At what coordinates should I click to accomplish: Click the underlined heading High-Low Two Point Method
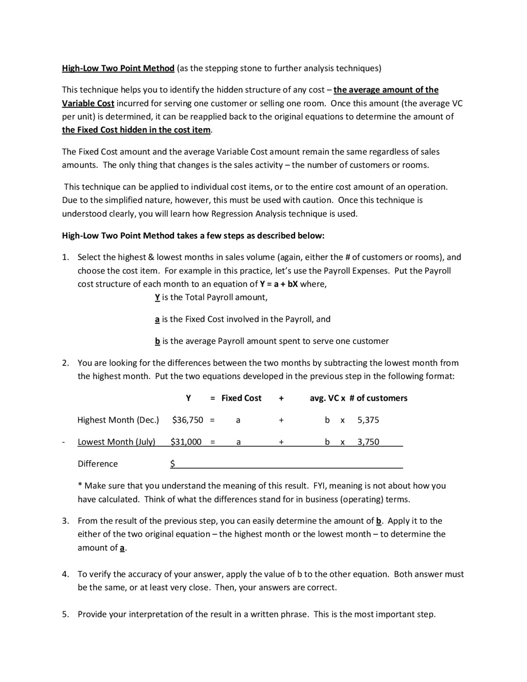click(x=118, y=68)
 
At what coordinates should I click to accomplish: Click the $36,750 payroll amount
click(x=187, y=420)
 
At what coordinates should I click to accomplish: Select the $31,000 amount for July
click(x=186, y=442)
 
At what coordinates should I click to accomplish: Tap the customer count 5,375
click(x=368, y=420)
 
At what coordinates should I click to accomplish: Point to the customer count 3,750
click(x=368, y=442)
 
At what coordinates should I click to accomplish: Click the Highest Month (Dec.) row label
click(x=118, y=420)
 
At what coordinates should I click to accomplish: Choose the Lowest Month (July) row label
click(x=117, y=442)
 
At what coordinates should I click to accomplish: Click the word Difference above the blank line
click(x=98, y=464)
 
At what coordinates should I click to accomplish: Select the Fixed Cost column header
click(x=241, y=398)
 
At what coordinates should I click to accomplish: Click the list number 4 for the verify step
click(x=65, y=574)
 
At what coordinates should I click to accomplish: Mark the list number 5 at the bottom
click(x=65, y=614)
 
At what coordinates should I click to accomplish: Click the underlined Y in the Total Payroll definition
click(x=157, y=297)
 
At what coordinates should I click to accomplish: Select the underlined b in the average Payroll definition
click(x=157, y=341)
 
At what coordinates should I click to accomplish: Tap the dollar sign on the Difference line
click(x=173, y=464)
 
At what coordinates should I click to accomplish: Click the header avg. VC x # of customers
click(x=358, y=398)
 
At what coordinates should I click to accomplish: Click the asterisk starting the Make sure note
click(x=80, y=485)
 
